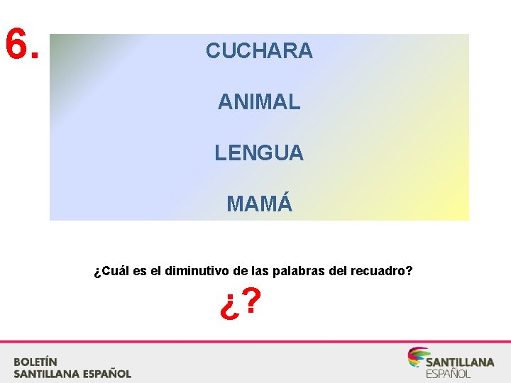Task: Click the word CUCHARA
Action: point(259,51)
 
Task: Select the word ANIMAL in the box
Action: point(259,102)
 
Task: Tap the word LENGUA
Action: point(259,152)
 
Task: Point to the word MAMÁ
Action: point(259,204)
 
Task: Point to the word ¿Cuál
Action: point(109,271)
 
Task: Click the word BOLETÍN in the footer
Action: point(35,361)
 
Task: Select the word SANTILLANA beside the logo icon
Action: point(460,362)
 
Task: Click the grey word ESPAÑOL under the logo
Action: point(448,374)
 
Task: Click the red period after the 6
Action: point(35,55)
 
